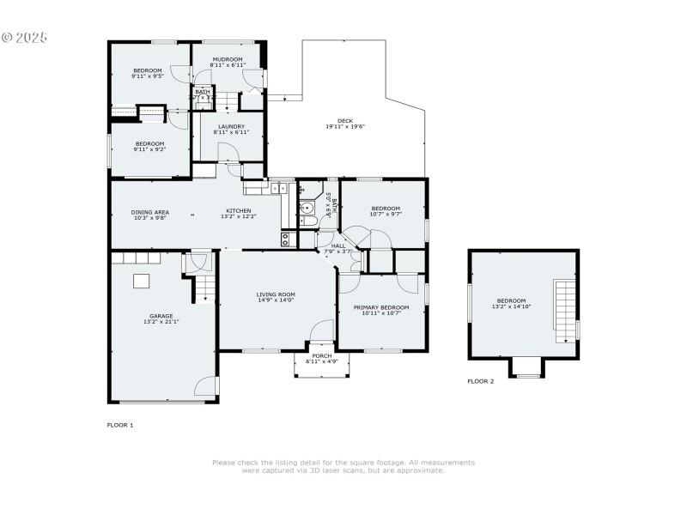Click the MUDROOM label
228,58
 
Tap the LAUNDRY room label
231,126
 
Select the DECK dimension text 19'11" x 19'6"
345,127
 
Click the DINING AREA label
149,211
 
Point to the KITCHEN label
239,211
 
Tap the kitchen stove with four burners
287,239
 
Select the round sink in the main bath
307,206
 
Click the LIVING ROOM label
276,294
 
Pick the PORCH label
321,355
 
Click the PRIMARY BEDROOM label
381,306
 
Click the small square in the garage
140,281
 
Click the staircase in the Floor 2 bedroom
566,310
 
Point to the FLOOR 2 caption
481,381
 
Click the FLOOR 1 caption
119,425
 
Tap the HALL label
338,245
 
